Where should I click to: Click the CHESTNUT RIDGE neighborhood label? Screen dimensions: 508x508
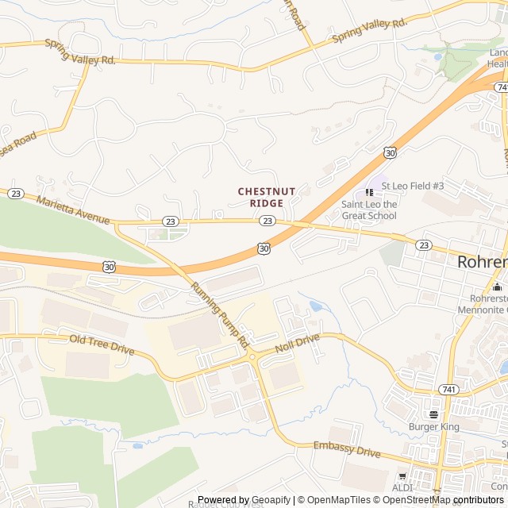[267, 197]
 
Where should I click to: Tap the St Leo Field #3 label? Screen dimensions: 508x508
[412, 186]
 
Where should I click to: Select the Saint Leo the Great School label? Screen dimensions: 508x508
[369, 210]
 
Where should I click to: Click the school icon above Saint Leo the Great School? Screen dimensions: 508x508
[369, 192]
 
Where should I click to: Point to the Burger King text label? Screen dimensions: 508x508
[434, 427]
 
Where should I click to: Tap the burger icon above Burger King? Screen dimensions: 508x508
[433, 414]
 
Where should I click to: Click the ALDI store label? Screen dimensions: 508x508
[402, 487]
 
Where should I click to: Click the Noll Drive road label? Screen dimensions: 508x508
[297, 344]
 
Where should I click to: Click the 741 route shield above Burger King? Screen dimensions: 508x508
[450, 390]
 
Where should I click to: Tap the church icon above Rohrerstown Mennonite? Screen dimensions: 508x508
[498, 287]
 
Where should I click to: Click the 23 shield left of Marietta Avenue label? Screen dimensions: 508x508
[15, 193]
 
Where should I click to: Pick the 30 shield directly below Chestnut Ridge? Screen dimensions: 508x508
[264, 248]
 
